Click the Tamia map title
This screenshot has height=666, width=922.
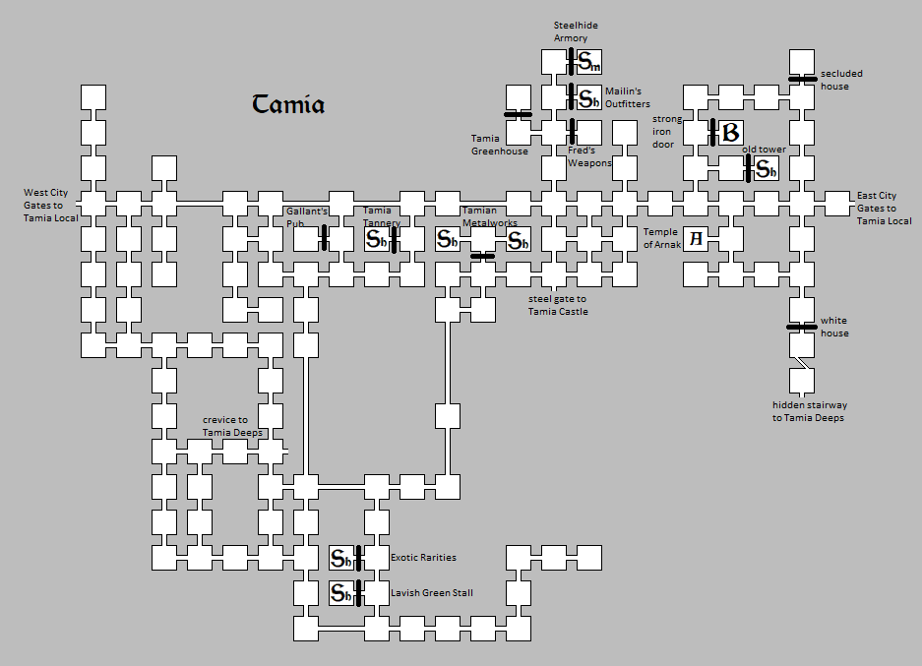(288, 104)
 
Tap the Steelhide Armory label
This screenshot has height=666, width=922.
(576, 31)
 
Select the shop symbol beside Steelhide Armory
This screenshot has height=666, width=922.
(588, 62)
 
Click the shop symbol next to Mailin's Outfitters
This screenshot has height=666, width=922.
(588, 98)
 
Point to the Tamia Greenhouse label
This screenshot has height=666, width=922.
(499, 145)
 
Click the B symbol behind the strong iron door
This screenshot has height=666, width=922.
(730, 133)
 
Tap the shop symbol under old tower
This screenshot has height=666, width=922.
(767, 169)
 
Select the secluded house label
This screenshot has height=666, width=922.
(841, 80)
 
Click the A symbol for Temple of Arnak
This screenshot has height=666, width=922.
(696, 239)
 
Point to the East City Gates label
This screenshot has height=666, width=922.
(884, 209)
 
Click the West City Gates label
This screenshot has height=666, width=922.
(50, 206)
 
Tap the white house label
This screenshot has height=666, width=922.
(834, 327)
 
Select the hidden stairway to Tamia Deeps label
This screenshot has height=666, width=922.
(809, 411)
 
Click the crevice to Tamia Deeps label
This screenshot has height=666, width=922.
(232, 426)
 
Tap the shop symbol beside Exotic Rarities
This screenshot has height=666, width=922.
(341, 558)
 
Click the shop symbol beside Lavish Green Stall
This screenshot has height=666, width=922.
(341, 593)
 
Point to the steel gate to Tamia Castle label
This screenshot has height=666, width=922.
(558, 305)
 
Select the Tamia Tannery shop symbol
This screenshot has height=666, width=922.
(376, 239)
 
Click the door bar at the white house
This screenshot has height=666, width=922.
(802, 327)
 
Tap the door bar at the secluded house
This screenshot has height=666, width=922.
(803, 79)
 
